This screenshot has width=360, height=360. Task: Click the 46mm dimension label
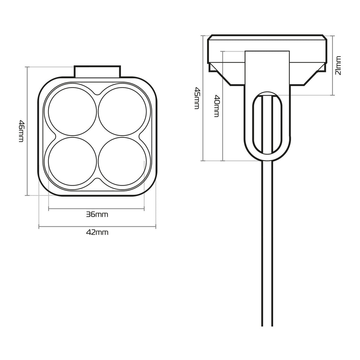pos(21,131)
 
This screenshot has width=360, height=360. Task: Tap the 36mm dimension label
pos(97,214)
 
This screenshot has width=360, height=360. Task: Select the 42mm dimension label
pos(97,232)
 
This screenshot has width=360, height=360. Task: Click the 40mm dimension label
pos(217,106)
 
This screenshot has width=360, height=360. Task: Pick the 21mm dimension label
pos(338,65)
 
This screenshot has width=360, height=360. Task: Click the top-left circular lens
pos(72,111)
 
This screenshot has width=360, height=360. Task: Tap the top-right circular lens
pos(122,111)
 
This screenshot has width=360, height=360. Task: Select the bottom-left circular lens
pos(72,161)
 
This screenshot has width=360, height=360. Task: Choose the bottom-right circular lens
pos(122,161)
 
